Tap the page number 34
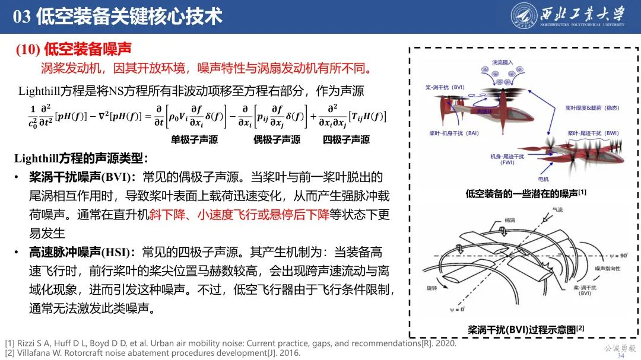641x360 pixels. point(621,356)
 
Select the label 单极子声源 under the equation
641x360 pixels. point(195,140)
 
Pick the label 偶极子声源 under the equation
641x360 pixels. point(277,140)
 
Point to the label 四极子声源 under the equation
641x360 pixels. point(346,140)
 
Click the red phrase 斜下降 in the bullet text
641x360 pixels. point(166,214)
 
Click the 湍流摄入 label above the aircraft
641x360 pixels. point(502,62)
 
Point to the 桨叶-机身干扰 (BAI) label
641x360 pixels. point(453,133)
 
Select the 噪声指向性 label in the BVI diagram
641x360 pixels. point(606,268)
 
